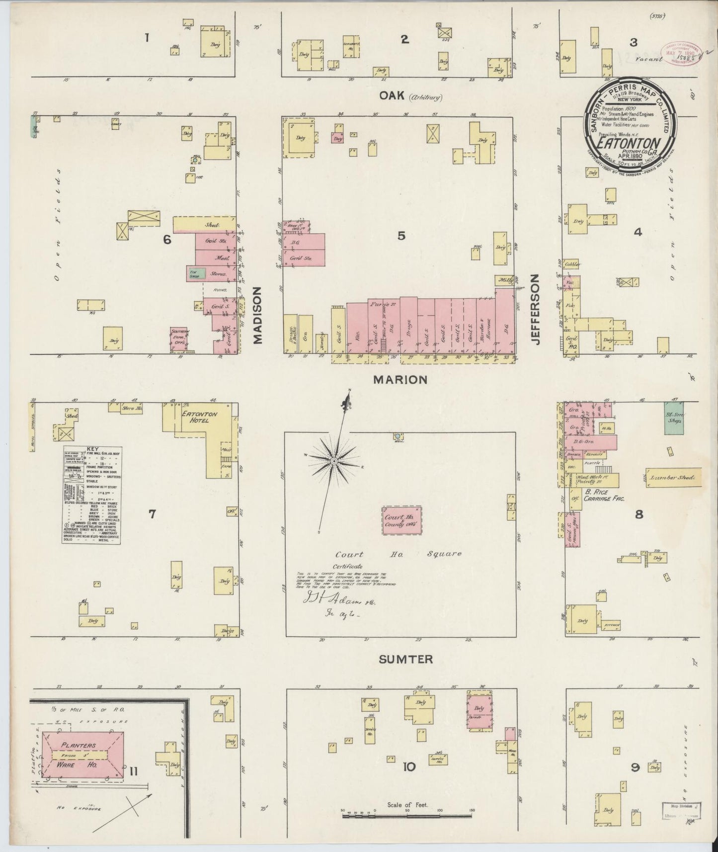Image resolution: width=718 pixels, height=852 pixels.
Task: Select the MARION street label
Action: (x=400, y=380)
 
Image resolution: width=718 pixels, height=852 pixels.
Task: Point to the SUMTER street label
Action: (x=406, y=659)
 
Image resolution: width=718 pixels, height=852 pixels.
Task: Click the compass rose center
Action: (x=334, y=461)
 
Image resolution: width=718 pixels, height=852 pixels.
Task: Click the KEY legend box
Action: (x=92, y=495)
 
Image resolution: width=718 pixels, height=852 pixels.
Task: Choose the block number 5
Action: (x=400, y=236)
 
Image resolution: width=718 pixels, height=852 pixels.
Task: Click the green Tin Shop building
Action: (x=197, y=273)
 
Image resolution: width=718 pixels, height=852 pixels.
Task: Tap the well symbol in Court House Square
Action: (x=398, y=436)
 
